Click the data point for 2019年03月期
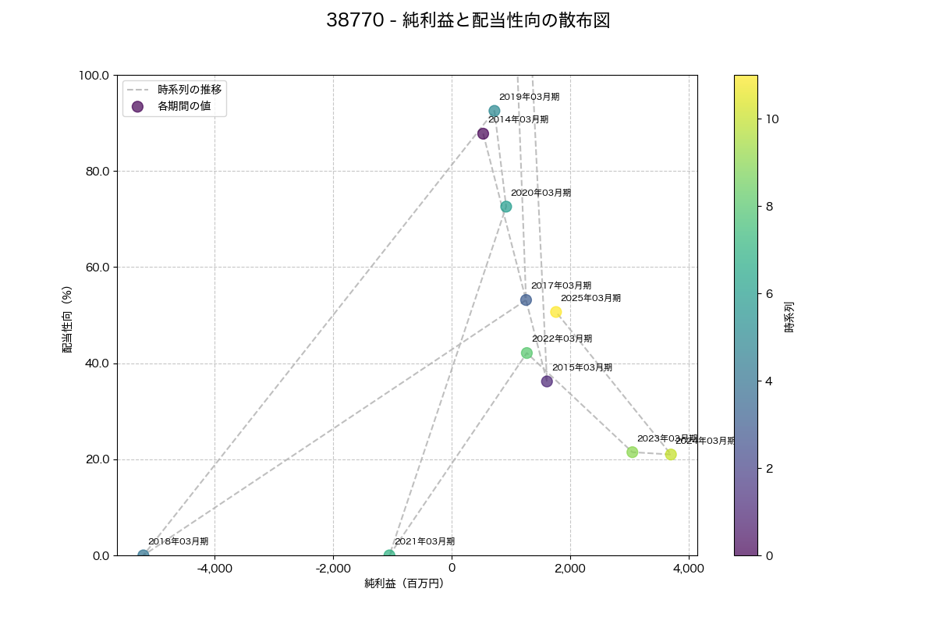[x=494, y=112]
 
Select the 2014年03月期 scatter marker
[x=483, y=133]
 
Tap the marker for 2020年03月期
[x=505, y=207]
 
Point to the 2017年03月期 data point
[x=526, y=300]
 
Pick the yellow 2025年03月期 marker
[x=555, y=312]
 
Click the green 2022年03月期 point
[x=526, y=353]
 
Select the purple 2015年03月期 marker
[x=547, y=381]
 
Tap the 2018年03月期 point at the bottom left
[x=144, y=555]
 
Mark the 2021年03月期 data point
[x=389, y=555]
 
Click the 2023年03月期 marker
[x=632, y=452]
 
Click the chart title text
[x=468, y=21]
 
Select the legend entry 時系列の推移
[x=190, y=90]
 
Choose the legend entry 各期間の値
[x=184, y=106]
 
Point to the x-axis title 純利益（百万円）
[x=403, y=583]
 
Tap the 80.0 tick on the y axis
[x=95, y=172]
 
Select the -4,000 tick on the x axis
[x=214, y=569]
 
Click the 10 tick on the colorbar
[x=771, y=119]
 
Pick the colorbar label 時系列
[x=789, y=317]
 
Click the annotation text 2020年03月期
[x=541, y=193]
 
